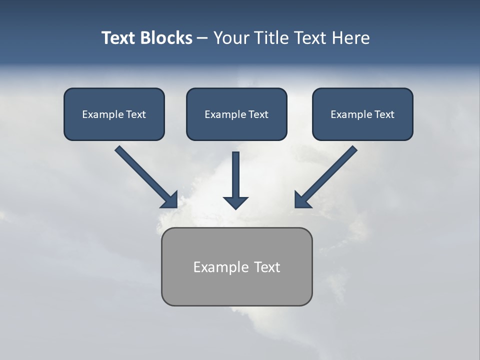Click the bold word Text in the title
click(x=118, y=38)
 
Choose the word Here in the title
click(x=350, y=38)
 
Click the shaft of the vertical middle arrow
click(x=235, y=172)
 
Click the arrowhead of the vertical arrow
click(x=235, y=202)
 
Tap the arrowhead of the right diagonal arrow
click(x=302, y=200)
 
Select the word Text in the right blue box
click(x=384, y=114)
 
